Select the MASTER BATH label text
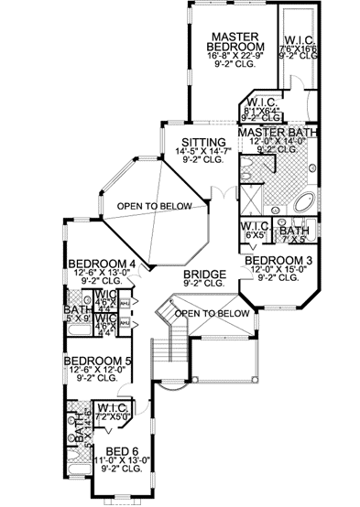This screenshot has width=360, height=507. tap(277, 133)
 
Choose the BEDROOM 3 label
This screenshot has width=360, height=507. tap(278, 260)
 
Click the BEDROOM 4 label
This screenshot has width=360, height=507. tap(103, 265)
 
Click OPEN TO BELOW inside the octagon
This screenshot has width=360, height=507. tap(154, 206)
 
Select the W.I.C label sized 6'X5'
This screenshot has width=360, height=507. tap(254, 225)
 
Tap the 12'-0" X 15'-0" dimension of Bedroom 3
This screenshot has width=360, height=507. tap(278, 271)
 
